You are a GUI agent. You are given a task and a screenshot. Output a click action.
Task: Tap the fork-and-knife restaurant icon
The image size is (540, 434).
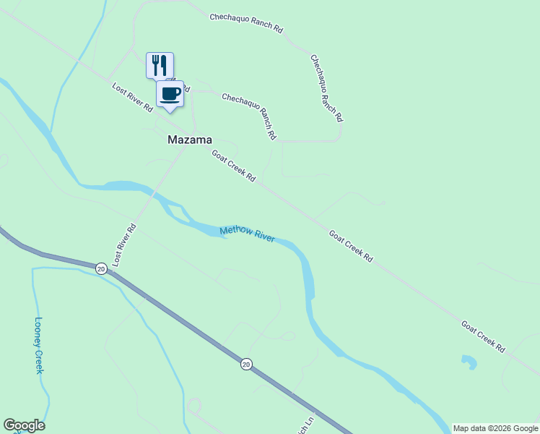coord(160,64)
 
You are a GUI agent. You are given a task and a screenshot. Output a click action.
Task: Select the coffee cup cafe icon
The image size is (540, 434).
coord(170,93)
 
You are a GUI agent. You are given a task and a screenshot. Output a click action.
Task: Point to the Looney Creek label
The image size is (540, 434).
coord(39,346)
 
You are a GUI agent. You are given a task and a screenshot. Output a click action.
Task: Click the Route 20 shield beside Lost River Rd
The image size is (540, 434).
coord(100,268)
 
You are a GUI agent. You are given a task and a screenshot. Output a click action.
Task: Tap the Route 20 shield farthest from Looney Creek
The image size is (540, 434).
coord(247,365)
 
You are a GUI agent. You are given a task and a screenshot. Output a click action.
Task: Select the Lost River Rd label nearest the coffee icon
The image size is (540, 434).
coord(132,98)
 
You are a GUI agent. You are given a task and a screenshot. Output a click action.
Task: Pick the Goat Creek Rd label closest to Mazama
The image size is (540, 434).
coord(233,166)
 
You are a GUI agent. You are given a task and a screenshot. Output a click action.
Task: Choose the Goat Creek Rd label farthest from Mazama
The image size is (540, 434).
coord(483,336)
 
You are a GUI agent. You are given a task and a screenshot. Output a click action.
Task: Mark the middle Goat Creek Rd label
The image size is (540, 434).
coord(351,246)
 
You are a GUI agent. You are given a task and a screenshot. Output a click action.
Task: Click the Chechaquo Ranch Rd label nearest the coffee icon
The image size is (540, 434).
coord(249,116)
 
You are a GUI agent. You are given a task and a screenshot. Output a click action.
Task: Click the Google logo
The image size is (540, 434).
coord(24,425)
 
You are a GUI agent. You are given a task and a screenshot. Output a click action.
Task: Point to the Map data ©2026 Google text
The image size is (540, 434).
coord(495,428)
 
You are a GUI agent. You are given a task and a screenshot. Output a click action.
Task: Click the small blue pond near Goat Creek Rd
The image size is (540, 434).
coord(469,362)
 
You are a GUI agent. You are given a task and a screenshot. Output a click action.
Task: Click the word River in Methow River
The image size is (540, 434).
coord(264,237)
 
